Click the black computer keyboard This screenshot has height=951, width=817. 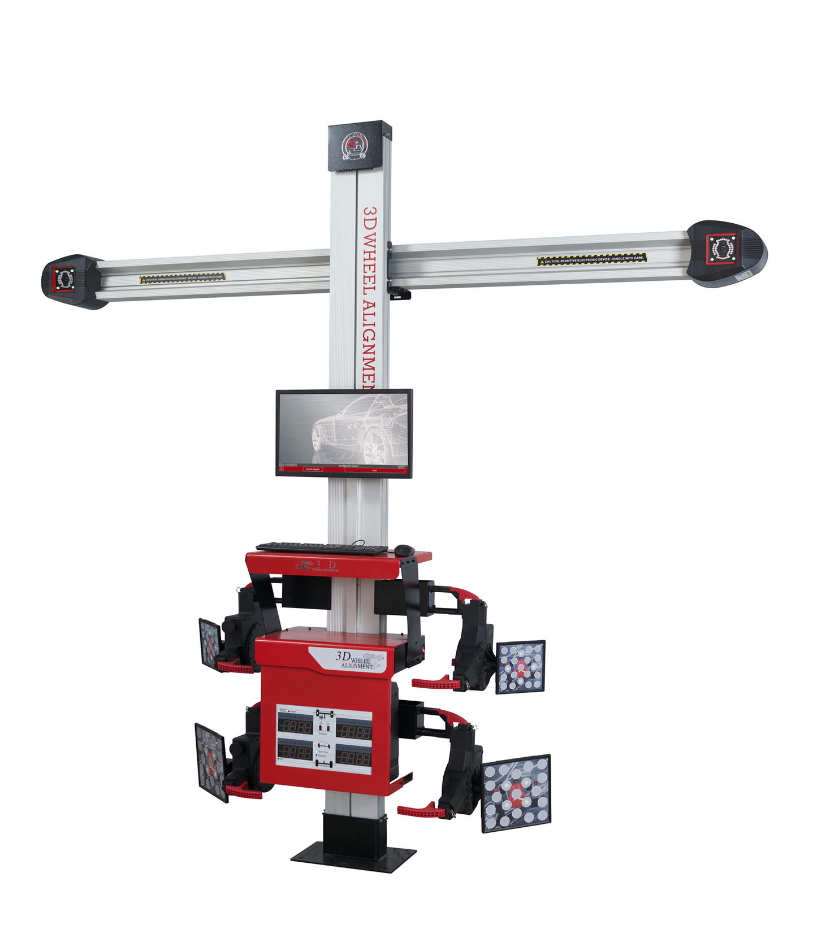(321, 547)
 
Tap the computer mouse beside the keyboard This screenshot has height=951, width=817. (404, 549)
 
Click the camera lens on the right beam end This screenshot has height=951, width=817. (722, 248)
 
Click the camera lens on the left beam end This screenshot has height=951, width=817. (64, 278)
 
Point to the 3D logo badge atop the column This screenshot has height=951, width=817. (355, 146)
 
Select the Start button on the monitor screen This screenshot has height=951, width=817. (374, 470)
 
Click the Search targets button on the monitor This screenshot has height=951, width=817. (312, 469)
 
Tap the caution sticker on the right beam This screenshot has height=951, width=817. (591, 259)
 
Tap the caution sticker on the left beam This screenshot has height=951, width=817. (182, 277)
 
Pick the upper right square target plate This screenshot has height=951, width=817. (520, 667)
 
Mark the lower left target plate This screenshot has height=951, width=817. (210, 761)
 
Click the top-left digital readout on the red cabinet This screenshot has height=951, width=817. (295, 726)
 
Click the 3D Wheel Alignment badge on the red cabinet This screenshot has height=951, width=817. (353, 659)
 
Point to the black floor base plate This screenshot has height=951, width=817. (353, 858)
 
